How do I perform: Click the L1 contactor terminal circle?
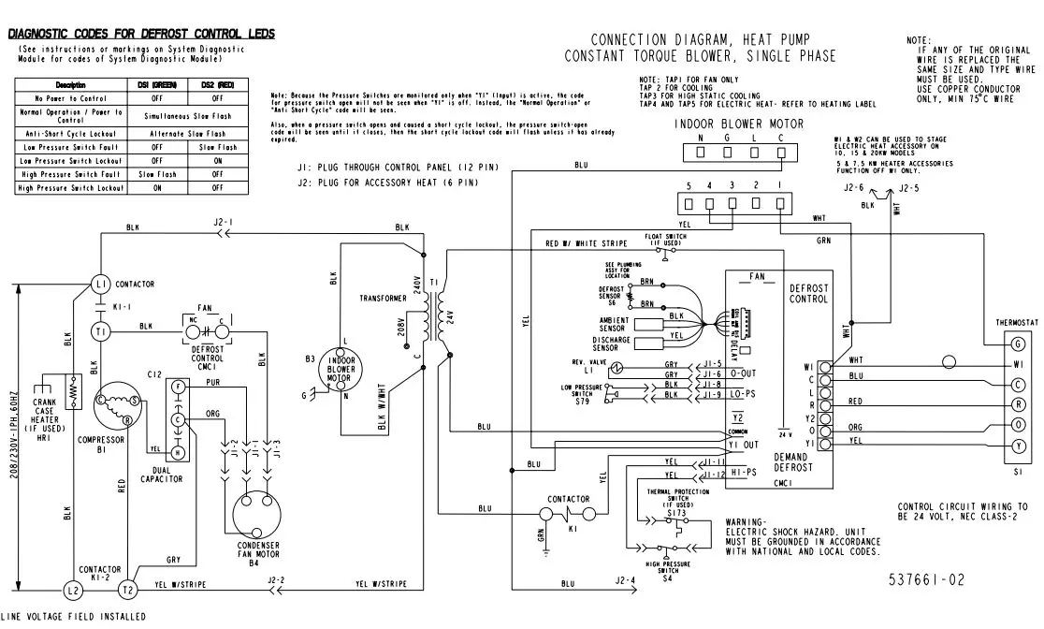tap(101, 284)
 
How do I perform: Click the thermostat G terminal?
tap(1018, 344)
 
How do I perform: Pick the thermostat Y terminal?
tap(1018, 446)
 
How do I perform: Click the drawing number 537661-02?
tap(926, 579)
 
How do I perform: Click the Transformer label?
tap(382, 298)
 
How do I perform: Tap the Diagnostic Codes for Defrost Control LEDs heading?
tap(141, 34)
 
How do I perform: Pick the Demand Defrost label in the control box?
tap(793, 461)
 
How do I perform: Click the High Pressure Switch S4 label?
tap(668, 570)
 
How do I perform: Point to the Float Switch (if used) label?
tap(667, 240)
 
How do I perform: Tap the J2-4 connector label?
tap(626, 580)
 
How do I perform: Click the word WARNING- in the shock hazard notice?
tap(746, 521)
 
